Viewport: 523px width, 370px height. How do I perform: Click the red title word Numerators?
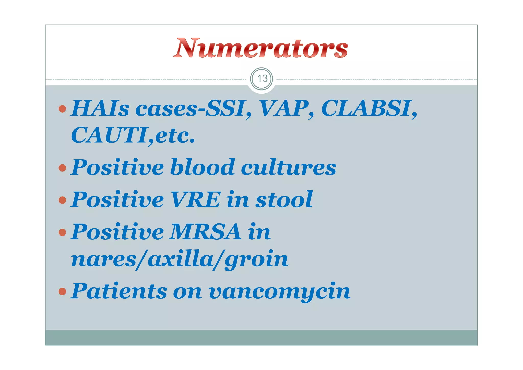(260, 48)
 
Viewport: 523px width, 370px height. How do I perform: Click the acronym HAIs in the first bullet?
(100, 108)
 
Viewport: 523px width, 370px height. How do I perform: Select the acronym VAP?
(284, 108)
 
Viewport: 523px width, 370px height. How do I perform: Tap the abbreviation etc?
(175, 136)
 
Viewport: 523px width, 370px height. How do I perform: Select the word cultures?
(289, 168)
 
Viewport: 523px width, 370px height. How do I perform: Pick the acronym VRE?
(196, 200)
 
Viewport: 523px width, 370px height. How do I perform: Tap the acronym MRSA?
(206, 232)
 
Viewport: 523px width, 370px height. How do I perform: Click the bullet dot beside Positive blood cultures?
(62, 168)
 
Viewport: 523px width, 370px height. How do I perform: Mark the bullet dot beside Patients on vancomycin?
(62, 291)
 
